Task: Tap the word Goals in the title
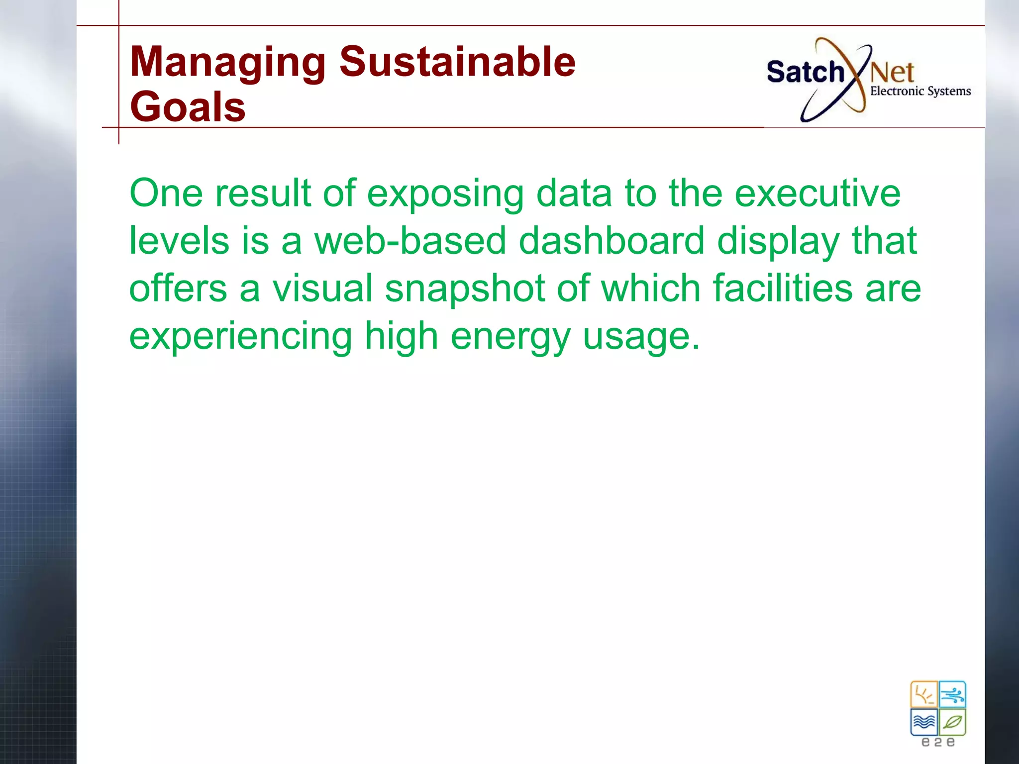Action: point(188,107)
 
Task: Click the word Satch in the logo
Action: point(805,72)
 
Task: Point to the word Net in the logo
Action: point(892,73)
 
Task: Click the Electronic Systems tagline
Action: point(920,92)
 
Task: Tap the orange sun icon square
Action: point(924,694)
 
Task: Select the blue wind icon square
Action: point(952,694)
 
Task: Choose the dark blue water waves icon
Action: point(924,722)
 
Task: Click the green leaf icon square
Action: point(952,722)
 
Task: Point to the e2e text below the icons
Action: point(938,742)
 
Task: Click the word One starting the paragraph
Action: point(166,193)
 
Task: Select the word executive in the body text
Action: point(817,193)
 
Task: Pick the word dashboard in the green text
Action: point(611,241)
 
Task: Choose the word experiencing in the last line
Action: point(241,337)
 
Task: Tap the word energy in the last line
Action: point(510,337)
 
